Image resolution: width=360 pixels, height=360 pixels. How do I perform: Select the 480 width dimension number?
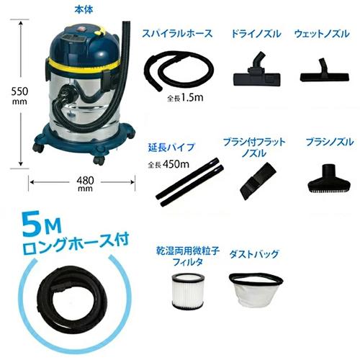point(85,182)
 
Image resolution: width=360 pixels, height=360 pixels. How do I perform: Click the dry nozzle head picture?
point(255,69)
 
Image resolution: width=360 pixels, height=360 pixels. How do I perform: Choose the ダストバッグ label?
point(253,254)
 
